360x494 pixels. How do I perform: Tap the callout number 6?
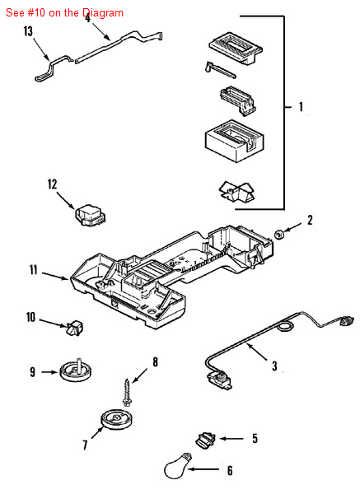[230, 470]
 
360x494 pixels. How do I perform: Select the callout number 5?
[255, 438]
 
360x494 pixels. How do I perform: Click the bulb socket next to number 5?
[205, 440]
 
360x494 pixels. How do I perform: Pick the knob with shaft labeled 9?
[75, 370]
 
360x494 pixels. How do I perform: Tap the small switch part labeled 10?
[76, 328]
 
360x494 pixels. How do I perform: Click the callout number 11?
[34, 270]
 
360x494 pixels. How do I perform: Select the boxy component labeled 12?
[91, 215]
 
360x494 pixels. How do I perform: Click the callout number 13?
[28, 31]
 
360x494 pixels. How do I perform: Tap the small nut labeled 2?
[279, 235]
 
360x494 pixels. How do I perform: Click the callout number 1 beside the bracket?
[301, 106]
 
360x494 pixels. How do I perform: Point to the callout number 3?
[274, 366]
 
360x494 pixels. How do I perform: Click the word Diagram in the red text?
[103, 13]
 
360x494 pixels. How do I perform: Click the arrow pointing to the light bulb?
[203, 469]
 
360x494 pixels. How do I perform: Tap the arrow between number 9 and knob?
[49, 372]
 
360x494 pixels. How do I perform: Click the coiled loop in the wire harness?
[285, 326]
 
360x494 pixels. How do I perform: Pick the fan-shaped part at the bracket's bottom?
[236, 192]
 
